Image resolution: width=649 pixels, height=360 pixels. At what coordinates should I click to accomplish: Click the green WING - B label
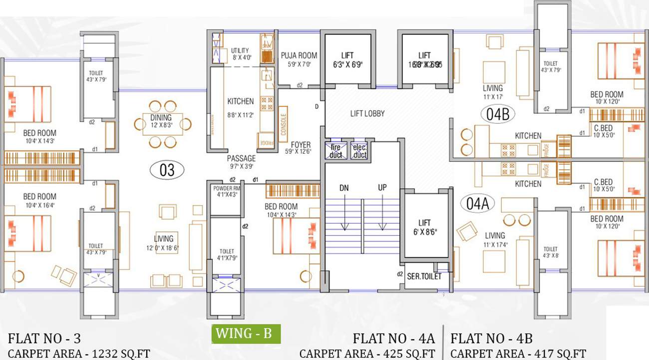[x=246, y=334]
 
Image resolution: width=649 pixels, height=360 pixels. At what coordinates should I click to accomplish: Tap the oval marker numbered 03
[x=167, y=170]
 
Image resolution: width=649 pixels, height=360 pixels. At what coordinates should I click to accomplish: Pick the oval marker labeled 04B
[x=498, y=114]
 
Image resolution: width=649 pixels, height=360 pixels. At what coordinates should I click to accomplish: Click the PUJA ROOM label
[x=299, y=55]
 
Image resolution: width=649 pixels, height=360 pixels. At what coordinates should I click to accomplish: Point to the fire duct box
[x=335, y=151]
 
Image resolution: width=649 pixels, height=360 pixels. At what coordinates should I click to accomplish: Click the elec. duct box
[x=360, y=151]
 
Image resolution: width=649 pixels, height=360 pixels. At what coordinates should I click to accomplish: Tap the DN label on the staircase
[x=344, y=188]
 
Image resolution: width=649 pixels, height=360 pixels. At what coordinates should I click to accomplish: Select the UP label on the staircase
[x=382, y=188]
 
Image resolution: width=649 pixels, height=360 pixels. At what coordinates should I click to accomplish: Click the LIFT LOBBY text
[x=367, y=113]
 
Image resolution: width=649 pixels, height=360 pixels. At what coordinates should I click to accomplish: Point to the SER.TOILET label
[x=424, y=276]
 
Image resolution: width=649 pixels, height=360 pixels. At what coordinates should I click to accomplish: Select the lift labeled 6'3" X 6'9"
[x=348, y=59]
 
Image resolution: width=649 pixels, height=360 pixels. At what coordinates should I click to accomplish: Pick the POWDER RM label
[x=226, y=191]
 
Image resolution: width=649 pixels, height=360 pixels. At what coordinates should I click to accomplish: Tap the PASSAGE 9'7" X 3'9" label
[x=242, y=162]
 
